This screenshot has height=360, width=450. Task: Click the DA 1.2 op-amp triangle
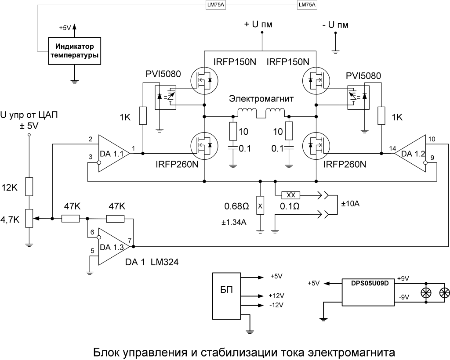[x=411, y=153]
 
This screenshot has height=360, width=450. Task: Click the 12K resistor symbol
[x=29, y=187]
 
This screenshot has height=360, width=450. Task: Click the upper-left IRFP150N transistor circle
[x=204, y=80]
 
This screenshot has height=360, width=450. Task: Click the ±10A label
[x=351, y=204]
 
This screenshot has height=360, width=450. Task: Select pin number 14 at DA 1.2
[x=393, y=148]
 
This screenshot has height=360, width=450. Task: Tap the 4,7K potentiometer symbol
[x=29, y=218]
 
